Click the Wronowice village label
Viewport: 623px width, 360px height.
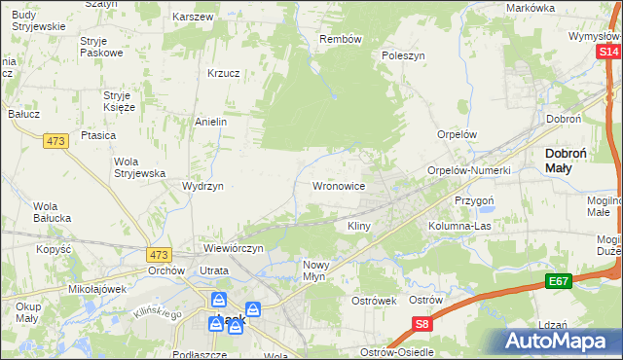pyautogui.click(x=338, y=185)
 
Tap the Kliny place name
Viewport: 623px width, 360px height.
pyautogui.click(x=359, y=226)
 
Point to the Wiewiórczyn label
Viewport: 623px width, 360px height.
pyautogui.click(x=234, y=248)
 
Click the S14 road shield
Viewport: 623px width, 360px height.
pyautogui.click(x=609, y=51)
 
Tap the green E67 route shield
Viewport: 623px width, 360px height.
pyautogui.click(x=558, y=281)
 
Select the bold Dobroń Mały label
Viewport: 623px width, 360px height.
pyautogui.click(x=577, y=160)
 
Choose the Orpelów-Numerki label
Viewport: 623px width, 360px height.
pyautogui.click(x=469, y=170)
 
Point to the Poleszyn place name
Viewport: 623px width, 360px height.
pyautogui.click(x=404, y=55)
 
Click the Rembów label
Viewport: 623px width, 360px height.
pyautogui.click(x=341, y=39)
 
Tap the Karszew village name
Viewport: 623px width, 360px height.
pyautogui.click(x=192, y=18)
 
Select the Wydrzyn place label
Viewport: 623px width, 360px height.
pyautogui.click(x=202, y=185)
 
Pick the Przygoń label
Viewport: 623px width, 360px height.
pyautogui.click(x=476, y=199)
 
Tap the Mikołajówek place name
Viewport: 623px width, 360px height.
pyautogui.click(x=98, y=289)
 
